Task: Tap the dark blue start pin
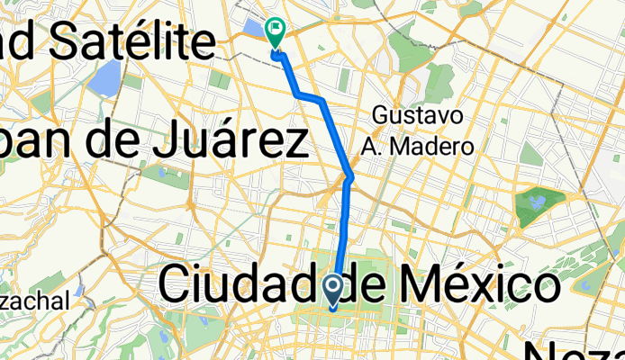pyautogui.click(x=332, y=290)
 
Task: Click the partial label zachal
pyautogui.click(x=34, y=302)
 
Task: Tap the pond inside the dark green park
pyautogui.click(x=538, y=202)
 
